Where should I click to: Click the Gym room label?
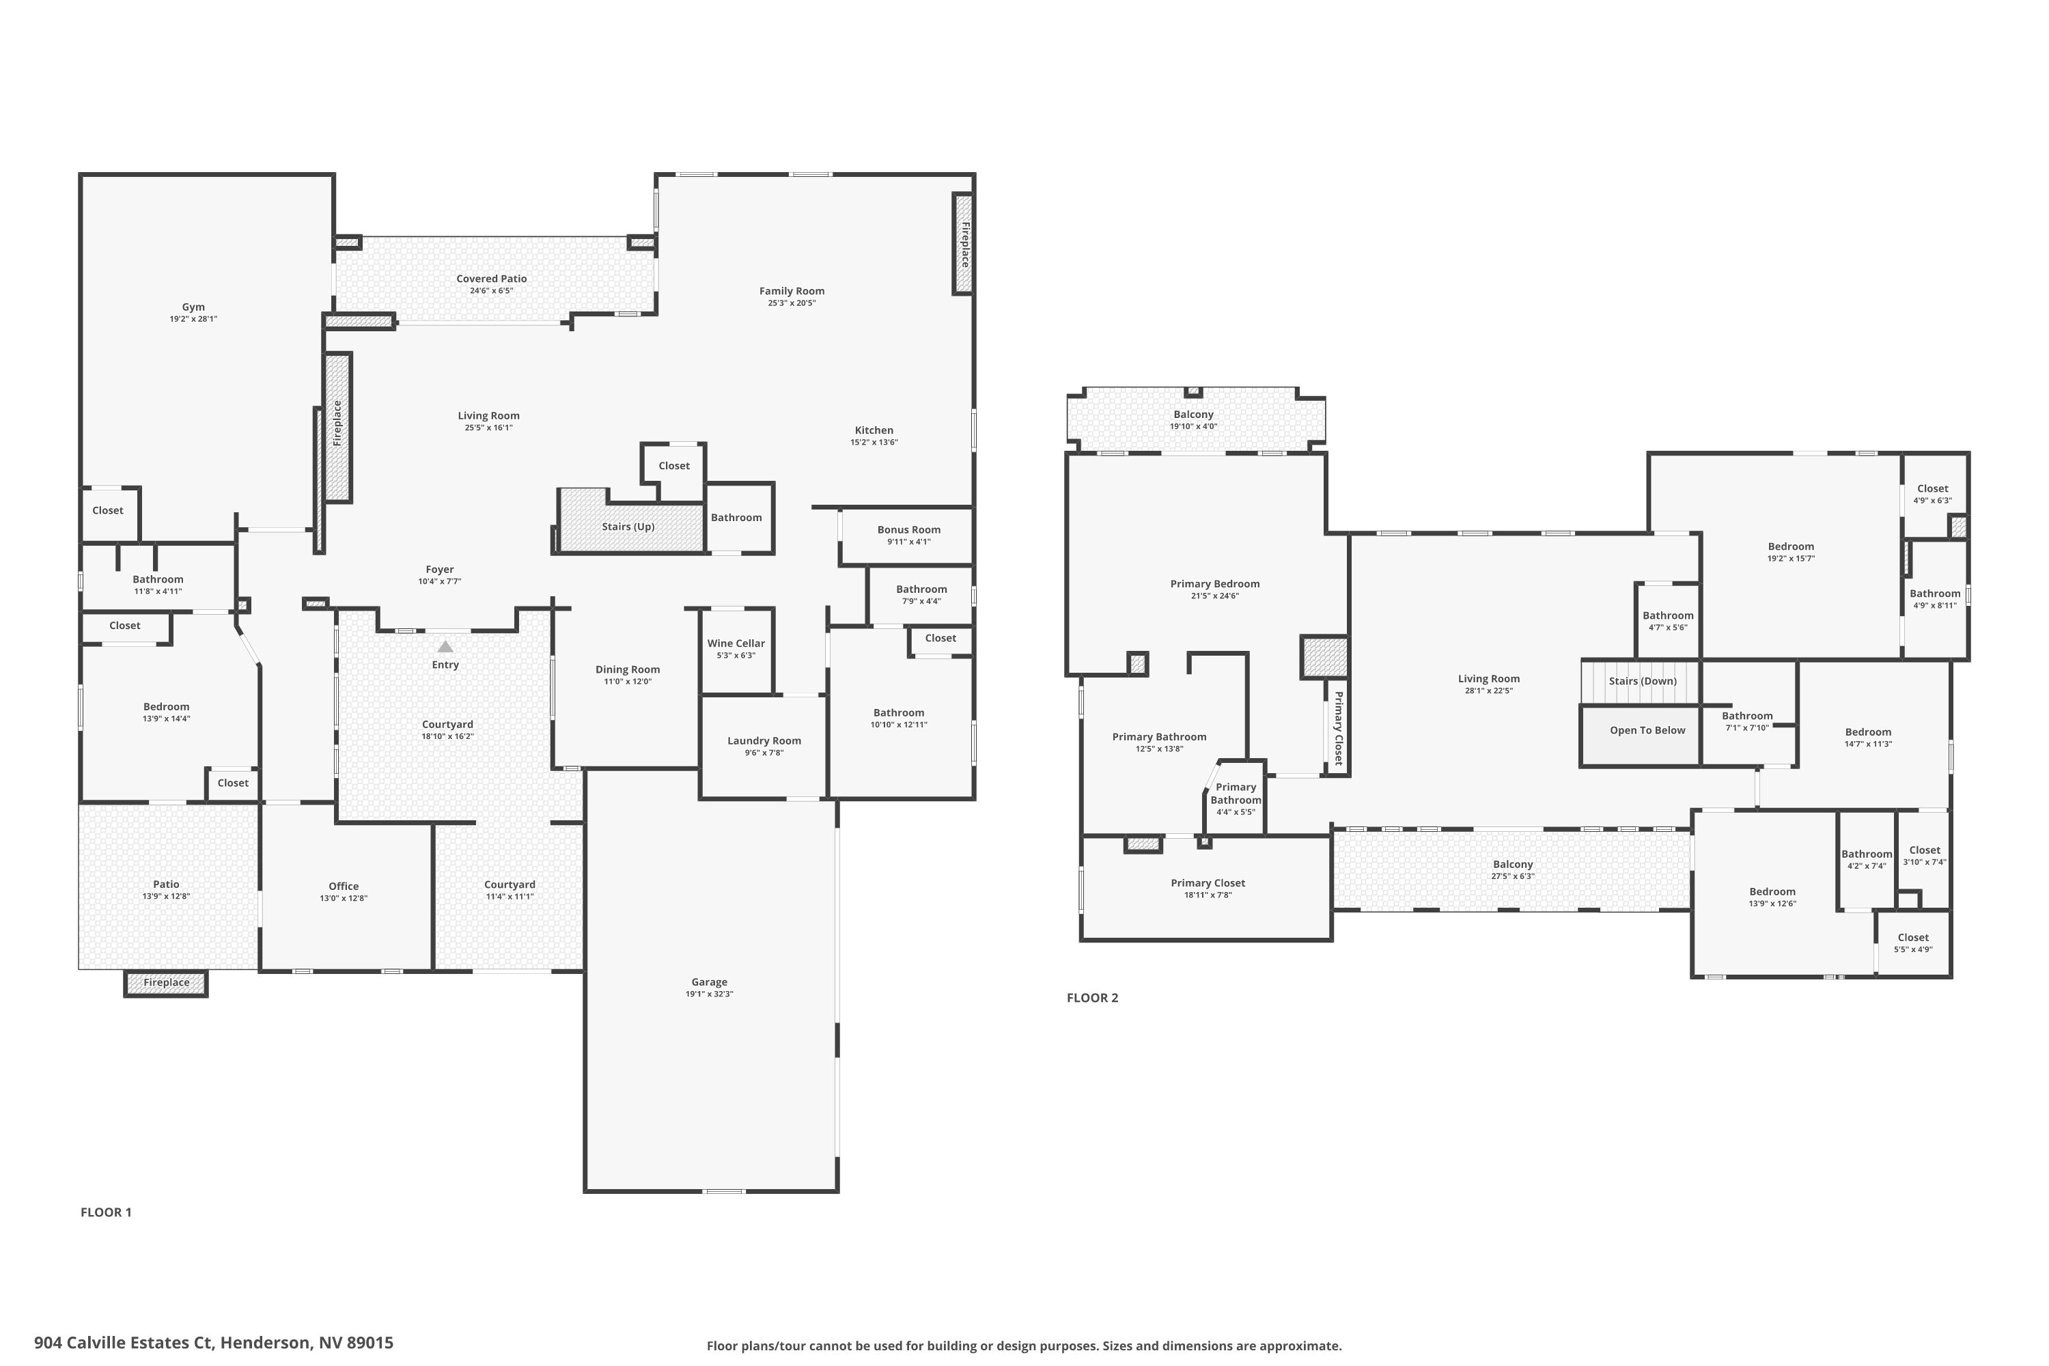pos(193,307)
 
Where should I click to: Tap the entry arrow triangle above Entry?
pos(445,646)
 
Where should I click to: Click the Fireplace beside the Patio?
pos(167,983)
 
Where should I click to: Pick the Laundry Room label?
pos(764,741)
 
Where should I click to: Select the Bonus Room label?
pos(908,530)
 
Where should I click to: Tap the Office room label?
pos(344,887)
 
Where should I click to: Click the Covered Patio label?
pos(491,279)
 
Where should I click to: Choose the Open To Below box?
pos(1647,731)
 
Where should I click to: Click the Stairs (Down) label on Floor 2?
pos(1642,681)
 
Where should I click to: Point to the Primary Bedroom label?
pos(1214,585)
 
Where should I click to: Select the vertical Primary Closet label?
pos(1339,728)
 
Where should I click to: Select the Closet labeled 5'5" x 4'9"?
pos(1913,943)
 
